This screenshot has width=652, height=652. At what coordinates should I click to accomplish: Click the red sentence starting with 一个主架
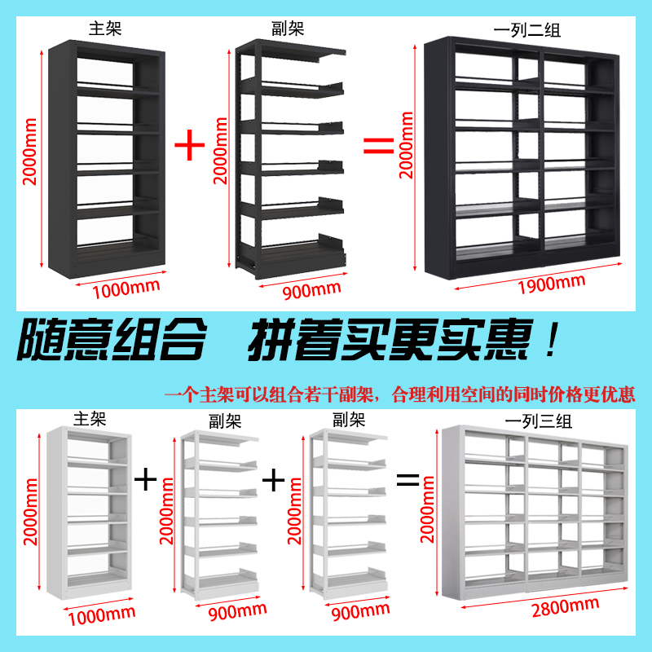click(399, 395)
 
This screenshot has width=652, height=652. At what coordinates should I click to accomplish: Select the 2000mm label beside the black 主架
click(30, 155)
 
